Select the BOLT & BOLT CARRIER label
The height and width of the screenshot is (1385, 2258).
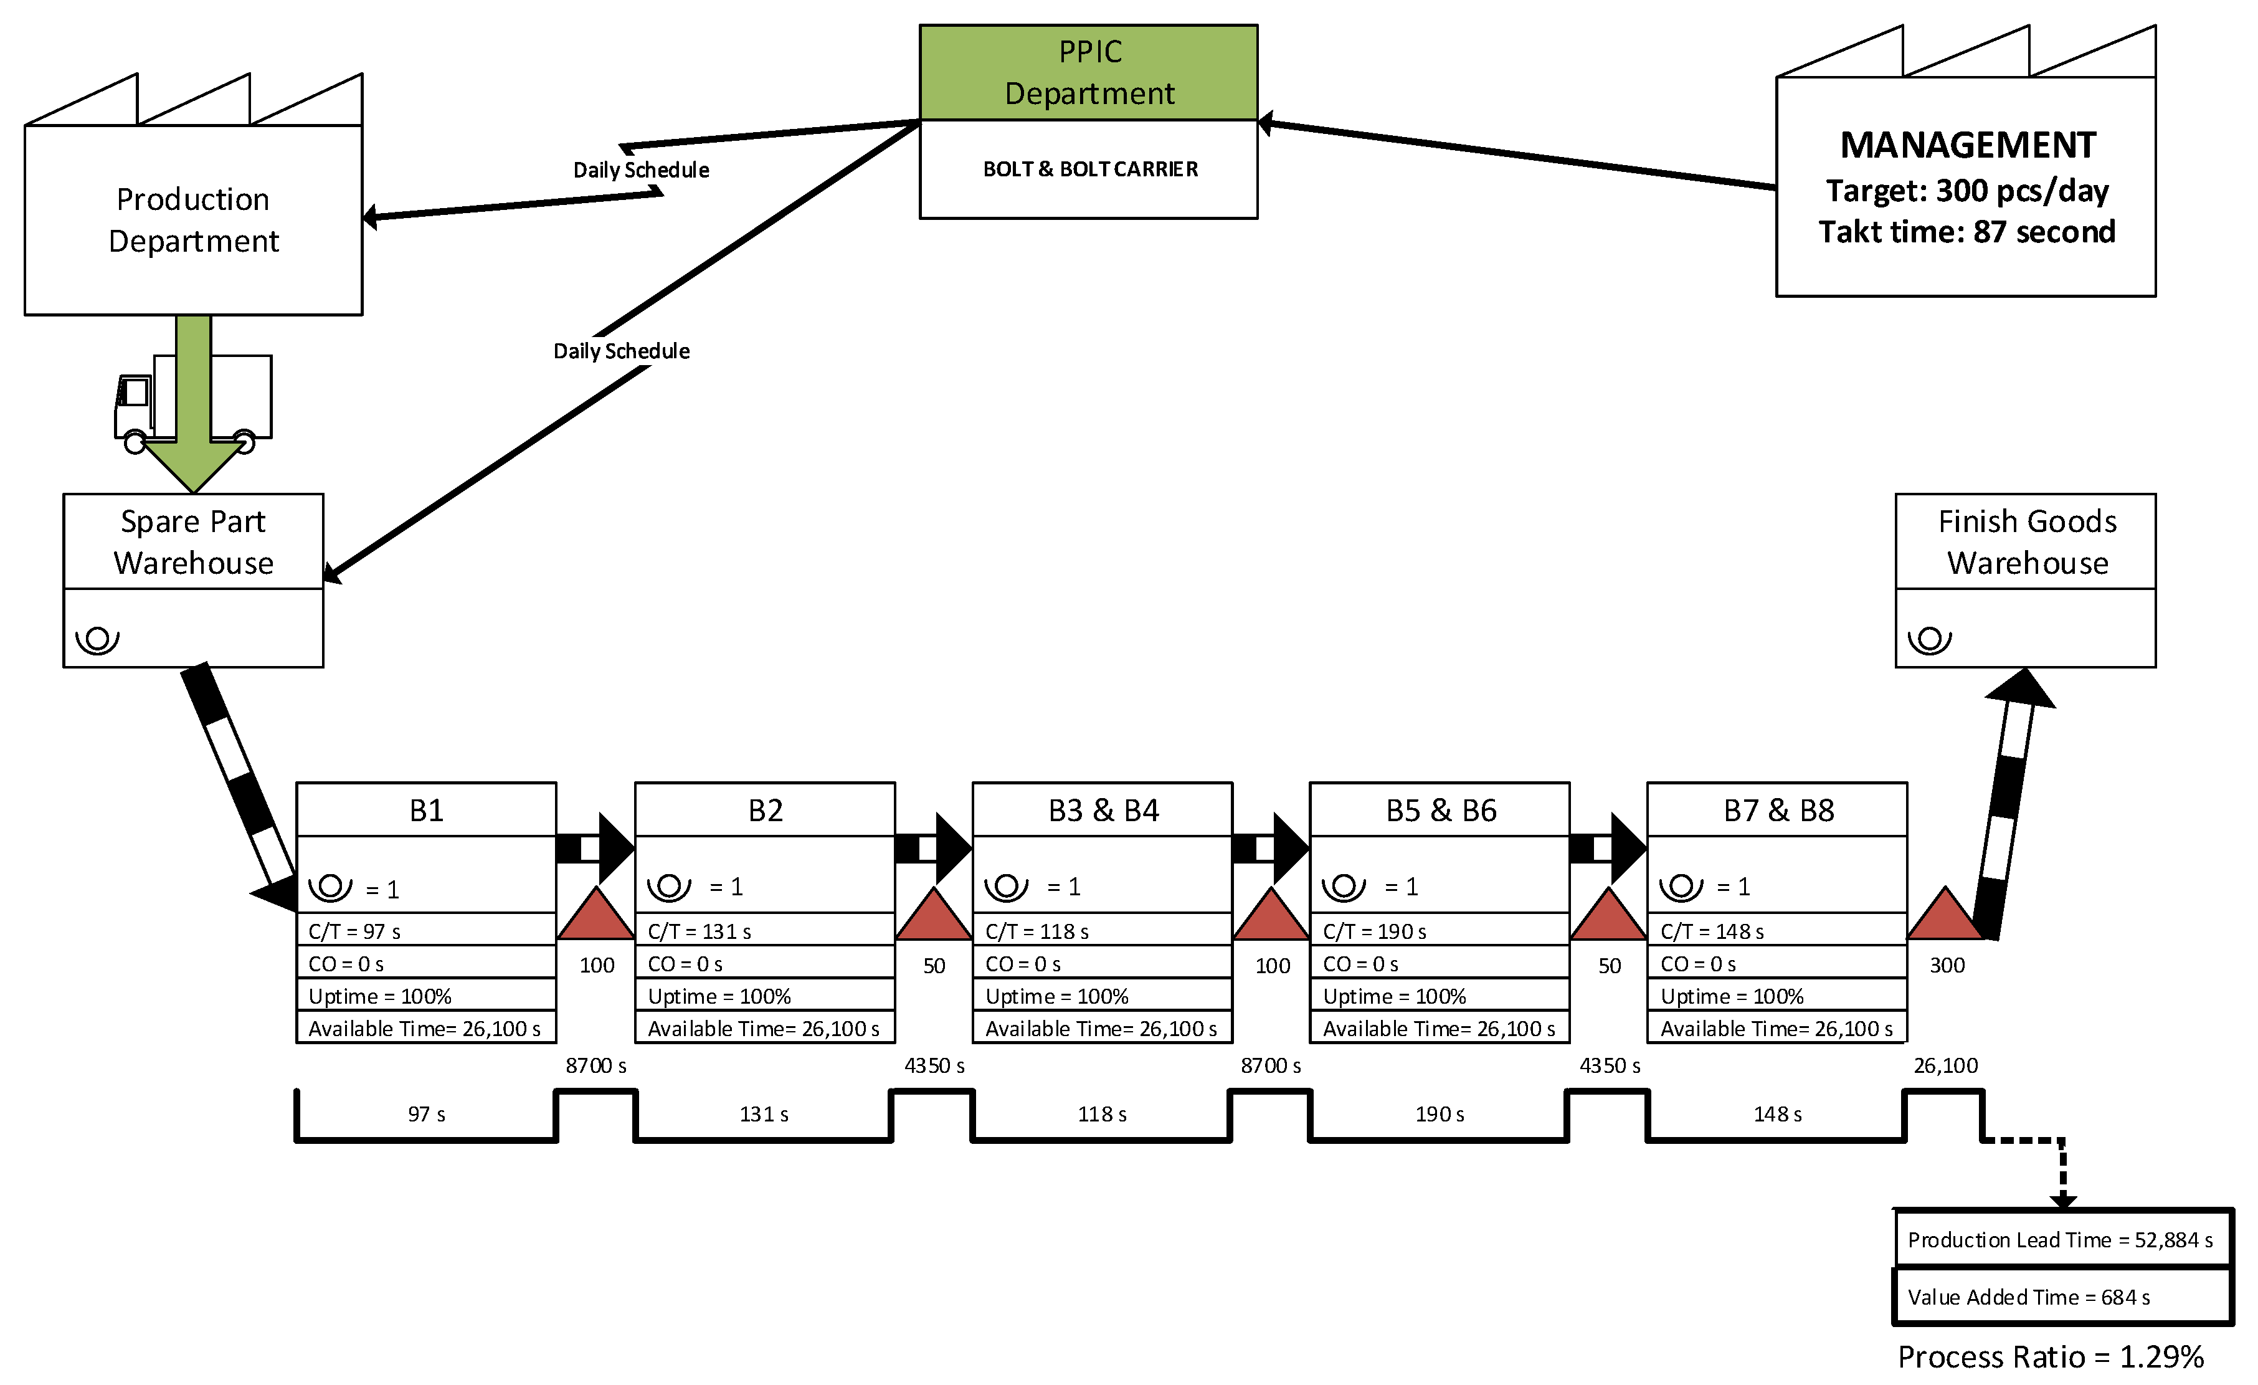click(x=1089, y=169)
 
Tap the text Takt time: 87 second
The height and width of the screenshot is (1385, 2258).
click(x=1966, y=232)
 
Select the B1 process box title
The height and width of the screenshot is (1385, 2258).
click(x=426, y=811)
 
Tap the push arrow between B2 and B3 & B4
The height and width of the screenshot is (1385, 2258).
click(x=933, y=848)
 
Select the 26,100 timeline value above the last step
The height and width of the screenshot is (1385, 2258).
click(x=1945, y=1065)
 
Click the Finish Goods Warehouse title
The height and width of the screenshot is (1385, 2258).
click(x=2026, y=541)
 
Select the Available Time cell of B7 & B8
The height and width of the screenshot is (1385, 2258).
click(x=1776, y=1029)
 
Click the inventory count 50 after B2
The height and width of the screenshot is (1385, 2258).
click(x=934, y=966)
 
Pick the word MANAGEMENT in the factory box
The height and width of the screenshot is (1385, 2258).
click(x=1968, y=145)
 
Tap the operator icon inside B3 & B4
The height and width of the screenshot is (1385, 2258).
click(x=1006, y=887)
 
